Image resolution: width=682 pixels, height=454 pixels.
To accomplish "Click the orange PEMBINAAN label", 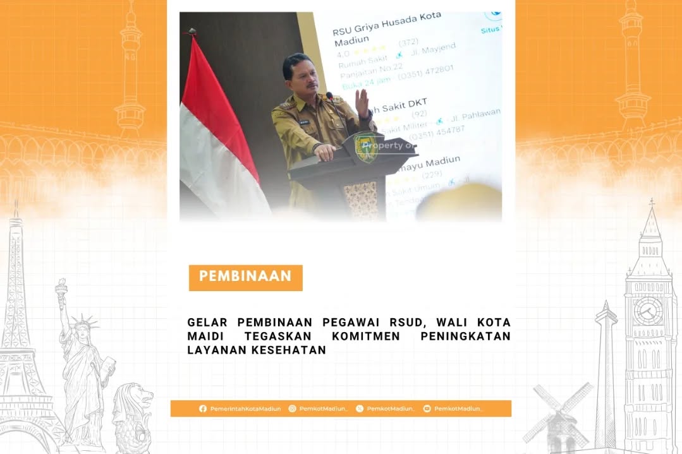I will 245,277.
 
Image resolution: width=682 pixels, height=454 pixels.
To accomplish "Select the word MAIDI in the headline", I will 205,337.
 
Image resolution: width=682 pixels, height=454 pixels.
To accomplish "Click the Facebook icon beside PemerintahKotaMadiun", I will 203,409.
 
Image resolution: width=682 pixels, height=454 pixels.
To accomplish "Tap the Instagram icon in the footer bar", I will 292,409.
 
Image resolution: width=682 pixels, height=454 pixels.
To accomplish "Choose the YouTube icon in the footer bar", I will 427,409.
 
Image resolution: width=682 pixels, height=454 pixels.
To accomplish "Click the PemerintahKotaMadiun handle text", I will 245,409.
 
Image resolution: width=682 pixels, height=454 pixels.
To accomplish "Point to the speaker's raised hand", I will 362,102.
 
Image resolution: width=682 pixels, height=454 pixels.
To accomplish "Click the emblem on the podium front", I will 365,148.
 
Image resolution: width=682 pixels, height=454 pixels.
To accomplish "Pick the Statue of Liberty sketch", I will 82,366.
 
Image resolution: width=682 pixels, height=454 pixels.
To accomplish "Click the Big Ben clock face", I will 649,310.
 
